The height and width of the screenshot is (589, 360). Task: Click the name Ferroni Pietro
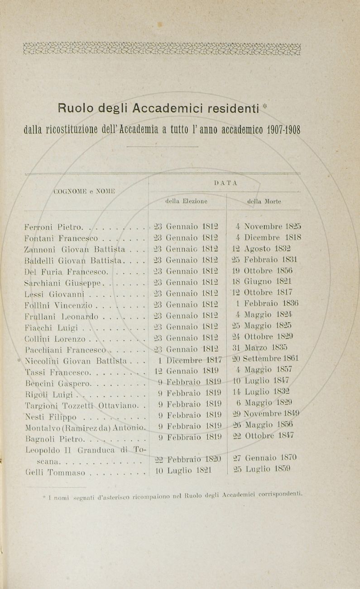click(x=52, y=227)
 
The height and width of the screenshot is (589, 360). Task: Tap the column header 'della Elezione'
click(x=186, y=200)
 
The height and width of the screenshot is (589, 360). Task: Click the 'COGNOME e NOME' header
click(x=84, y=191)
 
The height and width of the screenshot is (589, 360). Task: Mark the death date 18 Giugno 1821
click(x=263, y=281)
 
